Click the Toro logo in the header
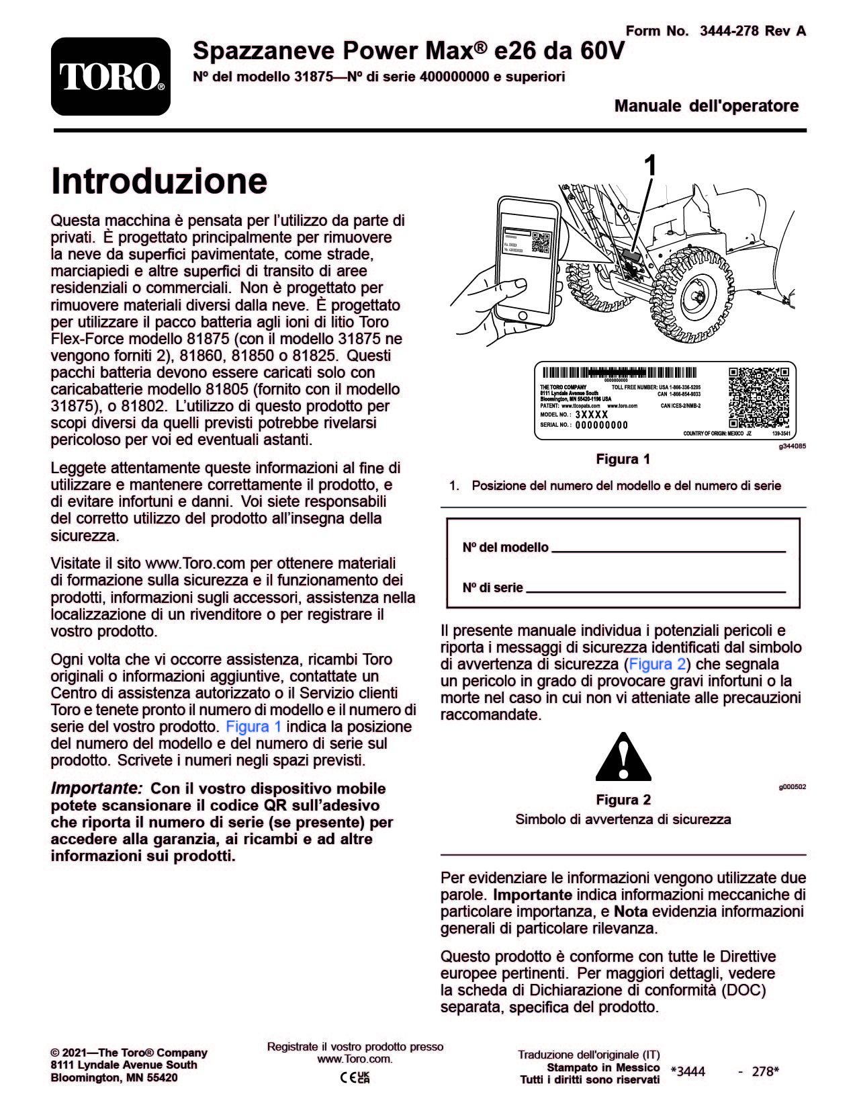point(111,77)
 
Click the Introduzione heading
point(159,181)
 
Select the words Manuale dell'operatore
point(706,106)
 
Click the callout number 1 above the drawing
point(650,165)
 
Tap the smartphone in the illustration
point(528,259)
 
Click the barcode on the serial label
point(619,373)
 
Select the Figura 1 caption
point(623,459)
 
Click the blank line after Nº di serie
point(656,590)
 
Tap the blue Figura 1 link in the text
point(253,727)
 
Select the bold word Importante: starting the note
point(97,788)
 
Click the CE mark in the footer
point(348,1077)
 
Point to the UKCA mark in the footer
point(363,1077)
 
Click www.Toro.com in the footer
point(354,1059)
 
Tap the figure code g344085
point(792,446)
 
